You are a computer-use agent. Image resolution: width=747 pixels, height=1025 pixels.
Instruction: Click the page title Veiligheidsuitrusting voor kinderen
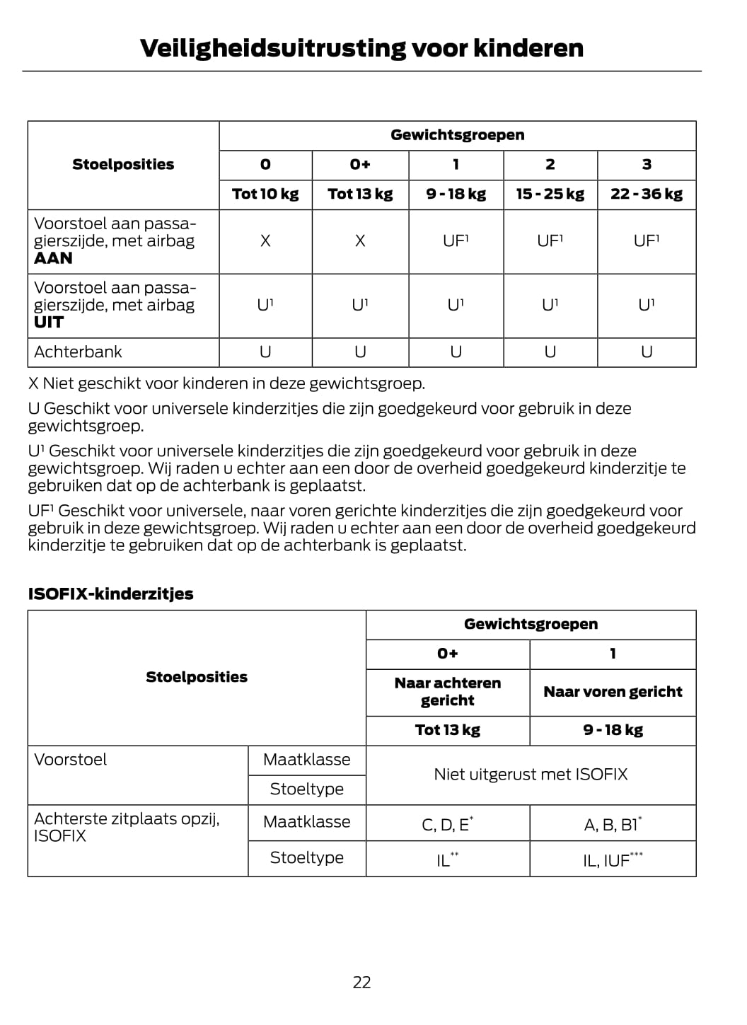361,48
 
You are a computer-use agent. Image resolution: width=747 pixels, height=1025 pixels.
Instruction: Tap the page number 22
361,982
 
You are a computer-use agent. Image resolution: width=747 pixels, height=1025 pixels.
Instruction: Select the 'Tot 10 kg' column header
265,194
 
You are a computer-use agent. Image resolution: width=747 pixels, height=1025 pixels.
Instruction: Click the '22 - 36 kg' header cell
647,194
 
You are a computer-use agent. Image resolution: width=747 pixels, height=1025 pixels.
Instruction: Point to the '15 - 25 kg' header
550,194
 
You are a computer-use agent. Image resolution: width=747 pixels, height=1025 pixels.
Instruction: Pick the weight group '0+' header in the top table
360,164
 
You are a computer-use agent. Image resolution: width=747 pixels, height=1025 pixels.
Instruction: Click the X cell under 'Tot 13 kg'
360,241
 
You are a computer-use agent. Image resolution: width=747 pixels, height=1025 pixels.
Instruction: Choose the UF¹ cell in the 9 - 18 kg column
456,241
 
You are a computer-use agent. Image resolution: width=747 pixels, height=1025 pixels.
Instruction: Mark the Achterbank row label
78,352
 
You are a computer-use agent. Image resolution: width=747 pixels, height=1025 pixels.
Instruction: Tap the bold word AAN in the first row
53,258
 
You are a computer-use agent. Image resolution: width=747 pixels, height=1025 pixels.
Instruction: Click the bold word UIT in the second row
49,323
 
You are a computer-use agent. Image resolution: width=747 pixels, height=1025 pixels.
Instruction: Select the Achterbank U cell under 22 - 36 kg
647,352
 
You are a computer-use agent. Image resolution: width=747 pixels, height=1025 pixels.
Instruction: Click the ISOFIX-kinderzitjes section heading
110,593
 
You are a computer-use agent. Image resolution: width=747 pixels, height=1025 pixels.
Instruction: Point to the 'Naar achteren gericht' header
448,692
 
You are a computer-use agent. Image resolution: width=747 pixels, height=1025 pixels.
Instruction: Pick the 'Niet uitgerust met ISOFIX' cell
531,775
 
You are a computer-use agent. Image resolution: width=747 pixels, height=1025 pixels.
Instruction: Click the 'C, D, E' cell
447,825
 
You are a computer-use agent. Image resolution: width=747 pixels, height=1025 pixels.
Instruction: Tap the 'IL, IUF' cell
613,860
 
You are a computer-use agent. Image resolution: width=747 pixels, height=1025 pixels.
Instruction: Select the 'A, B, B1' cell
613,825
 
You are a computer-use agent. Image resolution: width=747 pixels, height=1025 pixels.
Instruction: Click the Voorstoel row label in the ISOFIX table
71,760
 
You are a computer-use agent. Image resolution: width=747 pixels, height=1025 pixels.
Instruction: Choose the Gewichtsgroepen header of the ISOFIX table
531,624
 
